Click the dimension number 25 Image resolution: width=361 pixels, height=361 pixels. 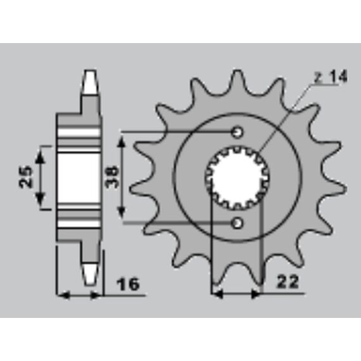coord(25,177)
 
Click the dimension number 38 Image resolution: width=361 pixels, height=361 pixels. coord(112,177)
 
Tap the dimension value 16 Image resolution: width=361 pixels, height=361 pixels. coord(128,284)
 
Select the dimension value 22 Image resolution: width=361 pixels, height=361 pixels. coord(288,281)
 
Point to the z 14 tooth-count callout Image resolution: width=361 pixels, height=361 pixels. coord(331,77)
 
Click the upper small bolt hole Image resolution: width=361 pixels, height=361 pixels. coord(237,132)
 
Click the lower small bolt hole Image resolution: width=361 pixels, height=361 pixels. coord(237,223)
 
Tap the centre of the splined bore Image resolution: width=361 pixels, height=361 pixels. coord(237,178)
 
